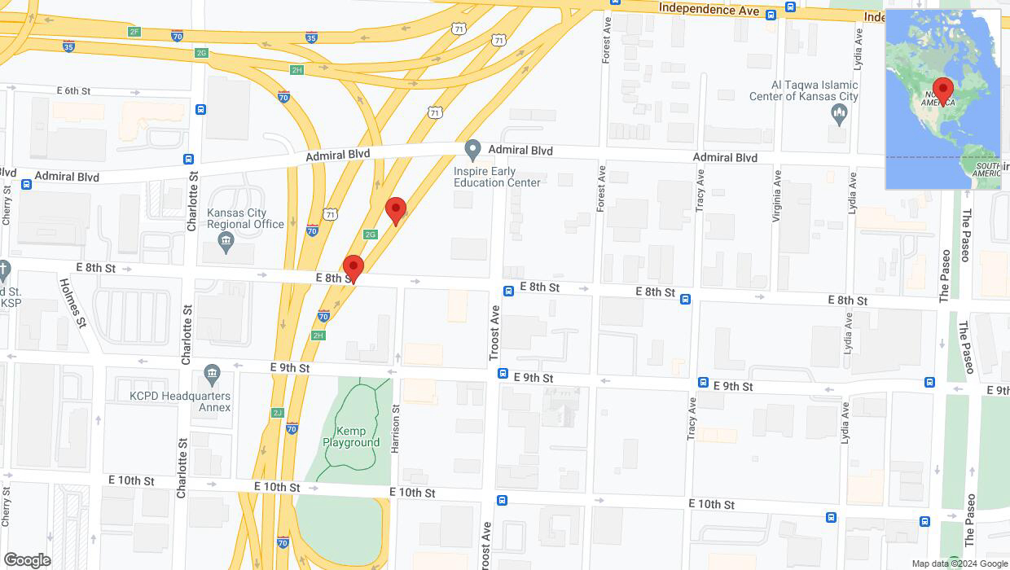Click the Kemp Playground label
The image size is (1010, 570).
351,436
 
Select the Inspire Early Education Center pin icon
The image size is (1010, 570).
472,150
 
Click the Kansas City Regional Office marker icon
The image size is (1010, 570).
226,241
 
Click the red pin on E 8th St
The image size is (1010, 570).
353,268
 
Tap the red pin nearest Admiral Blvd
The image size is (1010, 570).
396,210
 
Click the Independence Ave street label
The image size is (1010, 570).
709,9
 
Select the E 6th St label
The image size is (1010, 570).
73,90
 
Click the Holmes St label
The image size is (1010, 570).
73,301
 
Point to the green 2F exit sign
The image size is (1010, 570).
134,32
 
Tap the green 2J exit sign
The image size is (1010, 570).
278,413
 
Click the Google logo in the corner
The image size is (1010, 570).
27,560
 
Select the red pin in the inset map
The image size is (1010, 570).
943,90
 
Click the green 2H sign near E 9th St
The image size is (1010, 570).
318,335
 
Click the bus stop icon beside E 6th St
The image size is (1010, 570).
200,109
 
